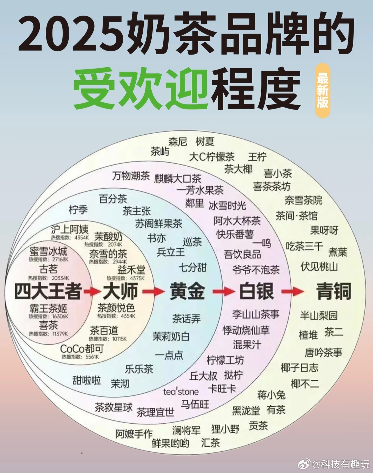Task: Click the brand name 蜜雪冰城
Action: tap(48, 251)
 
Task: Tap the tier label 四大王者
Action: tap(48, 291)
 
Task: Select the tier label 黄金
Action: tap(187, 291)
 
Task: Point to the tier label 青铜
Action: tap(334, 291)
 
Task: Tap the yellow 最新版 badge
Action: tap(323, 90)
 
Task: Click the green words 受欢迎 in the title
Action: tap(140, 88)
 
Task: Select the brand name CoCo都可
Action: tap(82, 349)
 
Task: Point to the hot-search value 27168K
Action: tap(60, 259)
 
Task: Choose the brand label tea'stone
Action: tap(181, 391)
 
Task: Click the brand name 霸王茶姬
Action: tap(48, 308)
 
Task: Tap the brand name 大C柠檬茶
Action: tap(212, 157)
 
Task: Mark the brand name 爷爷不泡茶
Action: tap(256, 270)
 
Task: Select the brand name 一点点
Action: tap(169, 355)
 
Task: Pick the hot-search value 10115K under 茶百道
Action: tap(119, 339)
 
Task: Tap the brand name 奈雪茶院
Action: tap(303, 200)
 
